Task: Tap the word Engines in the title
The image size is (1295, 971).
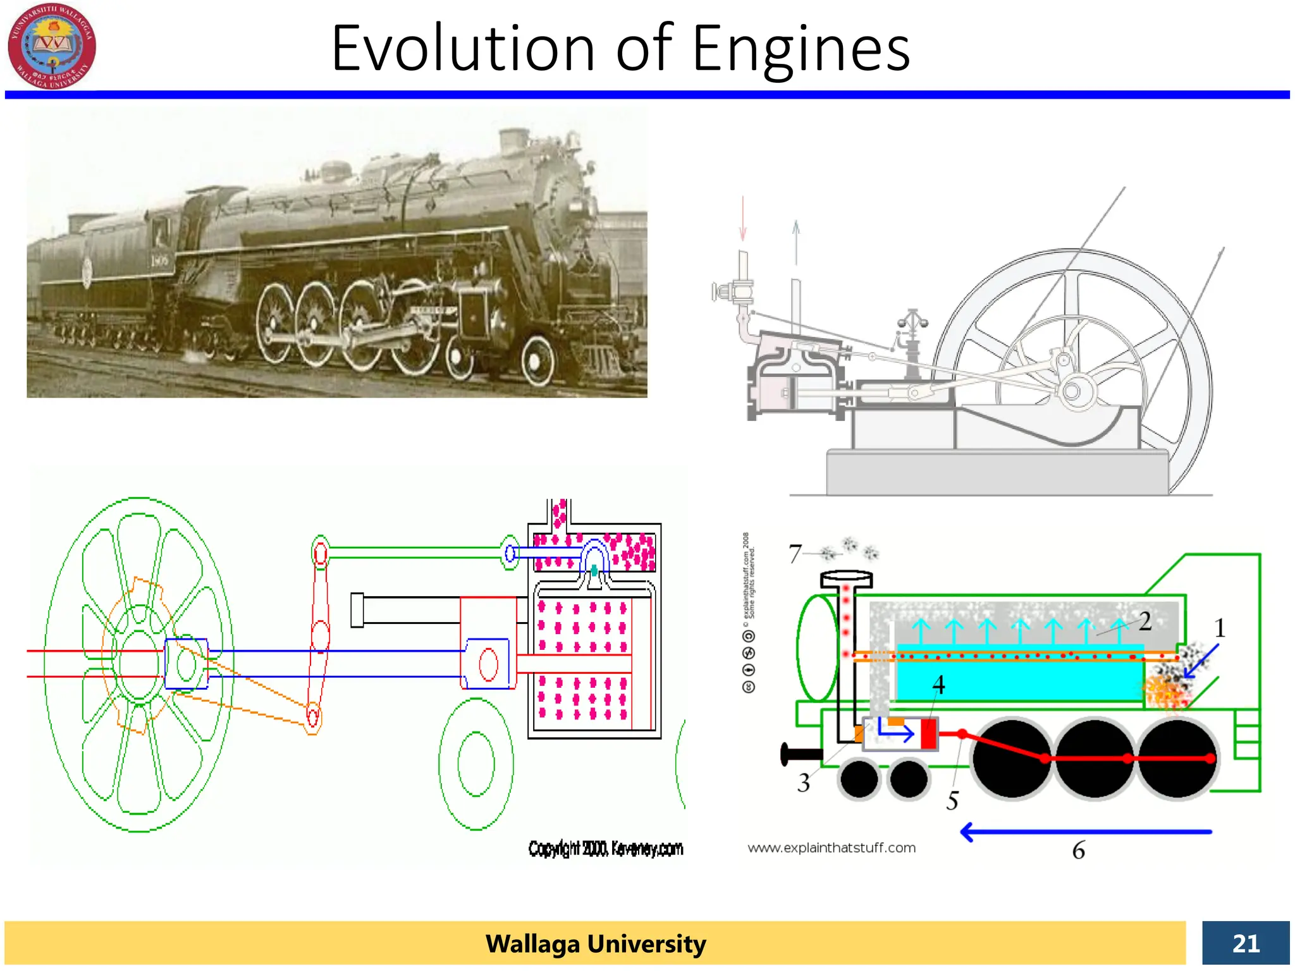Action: point(801,49)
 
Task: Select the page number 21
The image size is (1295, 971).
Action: point(1246,943)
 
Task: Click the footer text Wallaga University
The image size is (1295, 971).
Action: point(596,943)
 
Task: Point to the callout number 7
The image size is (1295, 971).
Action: point(795,554)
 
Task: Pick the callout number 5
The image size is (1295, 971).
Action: point(952,800)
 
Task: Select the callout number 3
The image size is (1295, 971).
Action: point(803,783)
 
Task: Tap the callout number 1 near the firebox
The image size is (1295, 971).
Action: point(1220,628)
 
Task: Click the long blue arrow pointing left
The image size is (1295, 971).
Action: point(1085,832)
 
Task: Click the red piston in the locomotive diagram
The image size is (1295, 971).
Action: point(929,733)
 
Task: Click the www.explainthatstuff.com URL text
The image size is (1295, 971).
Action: point(832,848)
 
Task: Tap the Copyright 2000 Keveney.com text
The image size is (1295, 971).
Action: point(606,848)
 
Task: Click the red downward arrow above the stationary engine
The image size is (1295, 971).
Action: point(743,219)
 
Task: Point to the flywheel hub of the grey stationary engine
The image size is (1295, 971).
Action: point(1072,391)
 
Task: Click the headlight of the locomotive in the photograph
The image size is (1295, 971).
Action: point(577,205)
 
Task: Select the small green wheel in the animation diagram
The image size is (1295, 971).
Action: point(476,764)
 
